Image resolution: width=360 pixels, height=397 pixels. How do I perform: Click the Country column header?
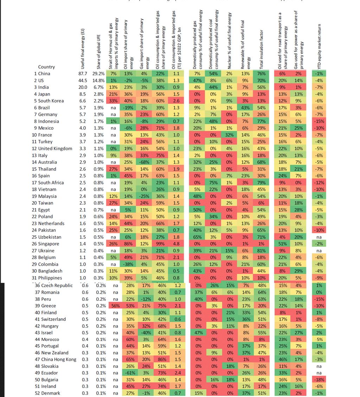(x=46, y=67)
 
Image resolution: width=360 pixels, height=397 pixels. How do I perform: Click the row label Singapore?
(x=49, y=244)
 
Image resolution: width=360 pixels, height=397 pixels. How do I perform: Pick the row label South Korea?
(x=51, y=101)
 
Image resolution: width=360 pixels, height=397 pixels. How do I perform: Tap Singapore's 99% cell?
(x=160, y=244)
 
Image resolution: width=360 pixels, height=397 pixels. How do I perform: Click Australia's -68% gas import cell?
(x=144, y=162)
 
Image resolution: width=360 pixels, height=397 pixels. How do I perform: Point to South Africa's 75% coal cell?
(x=213, y=183)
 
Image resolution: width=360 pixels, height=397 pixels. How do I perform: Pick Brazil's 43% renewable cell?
(x=245, y=108)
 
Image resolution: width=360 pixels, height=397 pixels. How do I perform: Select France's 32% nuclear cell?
(x=229, y=135)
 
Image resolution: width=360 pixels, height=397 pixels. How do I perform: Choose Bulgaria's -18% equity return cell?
(x=319, y=380)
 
